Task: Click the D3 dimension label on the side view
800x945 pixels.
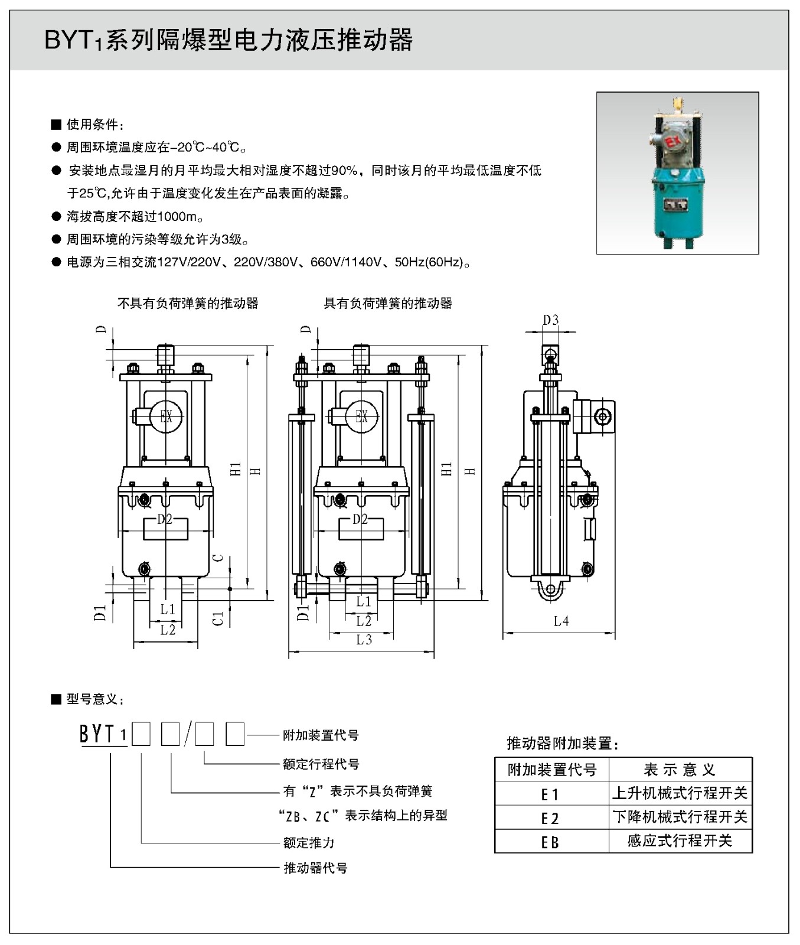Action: [550, 320]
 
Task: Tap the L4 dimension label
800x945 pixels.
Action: [561, 621]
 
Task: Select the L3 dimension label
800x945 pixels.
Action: [364, 640]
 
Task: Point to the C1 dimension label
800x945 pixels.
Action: [218, 618]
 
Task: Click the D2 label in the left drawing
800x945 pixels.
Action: [165, 520]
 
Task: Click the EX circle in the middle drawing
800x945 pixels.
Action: [361, 417]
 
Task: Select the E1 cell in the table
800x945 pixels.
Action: [550, 794]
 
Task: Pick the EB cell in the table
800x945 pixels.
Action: [550, 842]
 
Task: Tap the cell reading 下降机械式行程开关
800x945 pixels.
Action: [680, 817]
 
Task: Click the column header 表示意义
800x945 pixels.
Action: [680, 770]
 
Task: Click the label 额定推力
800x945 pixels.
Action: [309, 842]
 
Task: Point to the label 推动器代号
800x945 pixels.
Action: [315, 868]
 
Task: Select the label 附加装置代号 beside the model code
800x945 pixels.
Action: [321, 735]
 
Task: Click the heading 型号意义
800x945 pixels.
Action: [94, 700]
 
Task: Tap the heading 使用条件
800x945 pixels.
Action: [94, 125]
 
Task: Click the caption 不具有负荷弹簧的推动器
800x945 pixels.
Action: [188, 304]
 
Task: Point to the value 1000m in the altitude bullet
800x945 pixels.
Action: [178, 217]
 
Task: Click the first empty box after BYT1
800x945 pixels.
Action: [141, 735]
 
